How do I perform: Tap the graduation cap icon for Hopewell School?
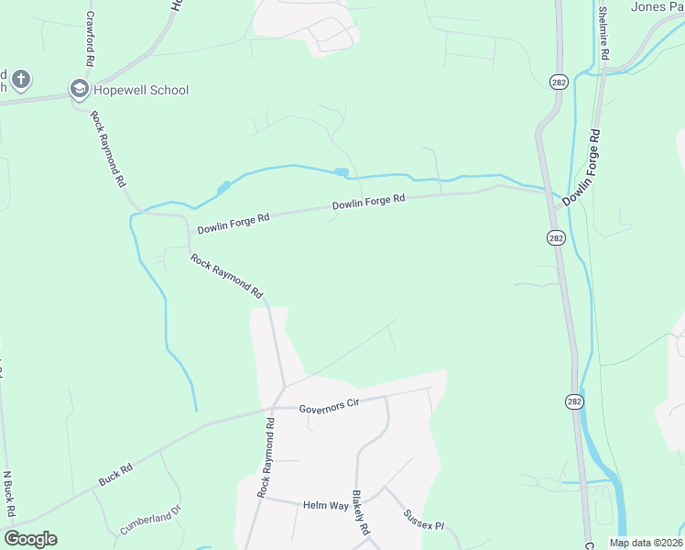(79, 90)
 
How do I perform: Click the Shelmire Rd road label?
(603, 34)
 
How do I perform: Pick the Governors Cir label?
(326, 407)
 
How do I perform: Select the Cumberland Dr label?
(151, 523)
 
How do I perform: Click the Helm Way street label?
(327, 505)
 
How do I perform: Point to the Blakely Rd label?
(361, 511)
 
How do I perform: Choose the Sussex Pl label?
(423, 520)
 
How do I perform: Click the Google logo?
(30, 539)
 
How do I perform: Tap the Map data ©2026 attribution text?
(645, 543)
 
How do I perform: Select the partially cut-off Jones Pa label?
(657, 6)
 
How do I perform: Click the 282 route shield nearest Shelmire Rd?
(558, 82)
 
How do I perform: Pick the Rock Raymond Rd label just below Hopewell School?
(107, 148)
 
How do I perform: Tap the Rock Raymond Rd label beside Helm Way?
(266, 458)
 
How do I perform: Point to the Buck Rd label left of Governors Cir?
(115, 474)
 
